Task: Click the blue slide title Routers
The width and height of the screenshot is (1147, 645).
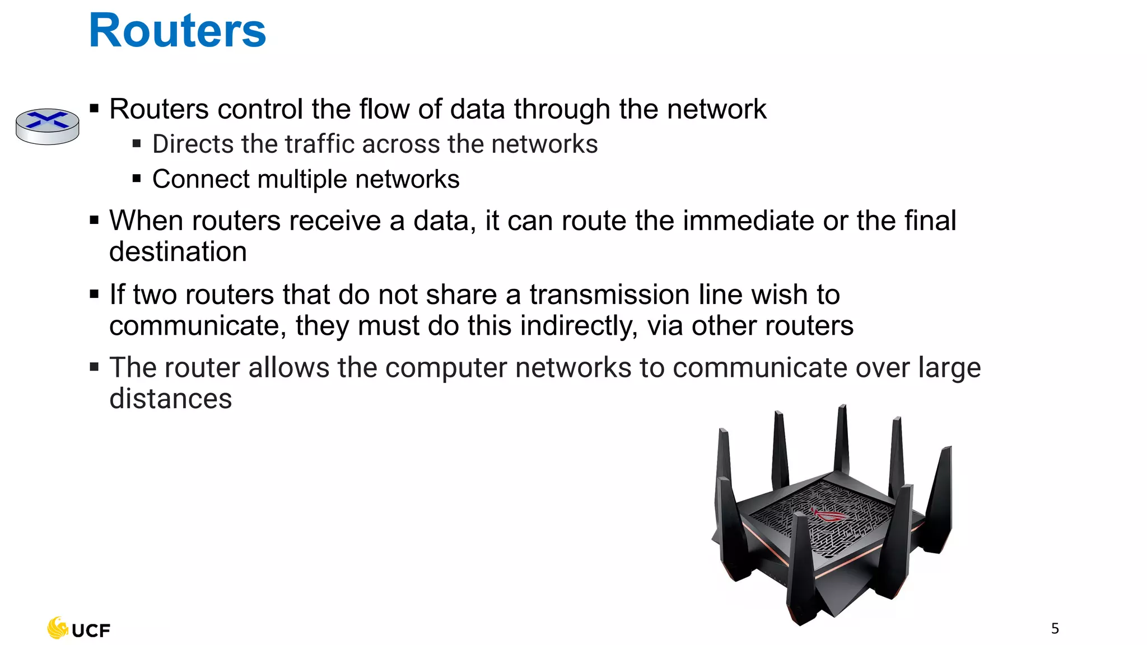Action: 177,30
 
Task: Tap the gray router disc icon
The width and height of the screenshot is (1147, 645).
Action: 47,126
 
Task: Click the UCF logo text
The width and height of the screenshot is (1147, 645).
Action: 91,631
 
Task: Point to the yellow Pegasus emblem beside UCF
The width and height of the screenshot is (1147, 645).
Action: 57,628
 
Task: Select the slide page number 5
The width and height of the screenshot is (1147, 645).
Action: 1055,629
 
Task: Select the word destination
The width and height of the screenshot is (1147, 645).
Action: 178,252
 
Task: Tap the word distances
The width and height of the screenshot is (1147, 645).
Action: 170,399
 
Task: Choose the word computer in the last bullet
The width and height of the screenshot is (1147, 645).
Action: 446,368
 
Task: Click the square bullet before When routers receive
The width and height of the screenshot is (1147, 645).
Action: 94,221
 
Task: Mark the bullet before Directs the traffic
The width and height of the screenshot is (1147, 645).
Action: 137,144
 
